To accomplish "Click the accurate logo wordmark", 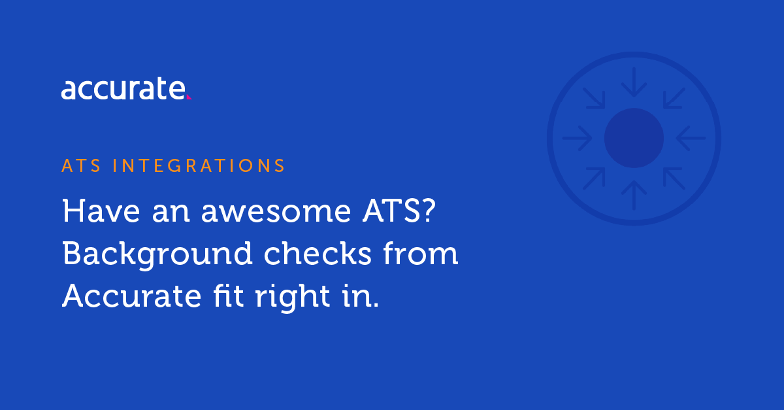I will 123,89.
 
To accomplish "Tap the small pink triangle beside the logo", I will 189,97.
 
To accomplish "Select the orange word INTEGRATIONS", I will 199,165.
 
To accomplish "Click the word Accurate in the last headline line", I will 131,296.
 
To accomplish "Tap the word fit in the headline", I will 229,296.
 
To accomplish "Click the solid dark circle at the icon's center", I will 634,138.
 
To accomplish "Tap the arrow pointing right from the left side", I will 578,138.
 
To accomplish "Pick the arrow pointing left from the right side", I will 690,138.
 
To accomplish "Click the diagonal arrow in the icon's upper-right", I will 674,99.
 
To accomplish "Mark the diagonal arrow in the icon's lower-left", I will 594,178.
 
